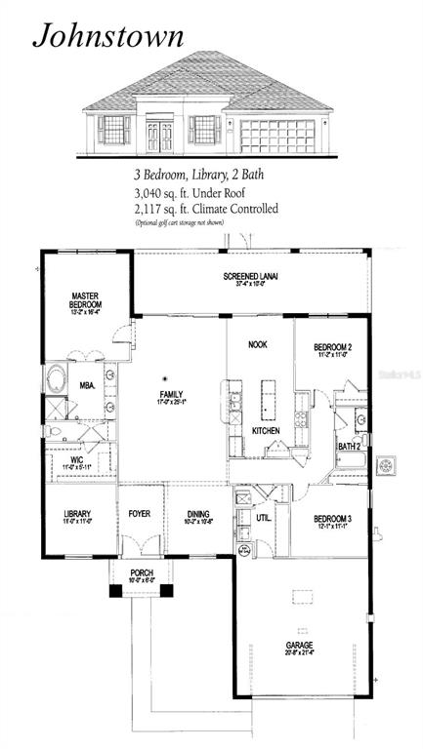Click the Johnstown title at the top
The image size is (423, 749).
pos(108,36)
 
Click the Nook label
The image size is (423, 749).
pos(258,344)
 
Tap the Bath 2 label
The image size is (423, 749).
pos(349,446)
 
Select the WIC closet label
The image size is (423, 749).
pos(75,461)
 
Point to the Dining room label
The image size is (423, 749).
pos(199,517)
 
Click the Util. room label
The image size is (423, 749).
pos(264,520)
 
